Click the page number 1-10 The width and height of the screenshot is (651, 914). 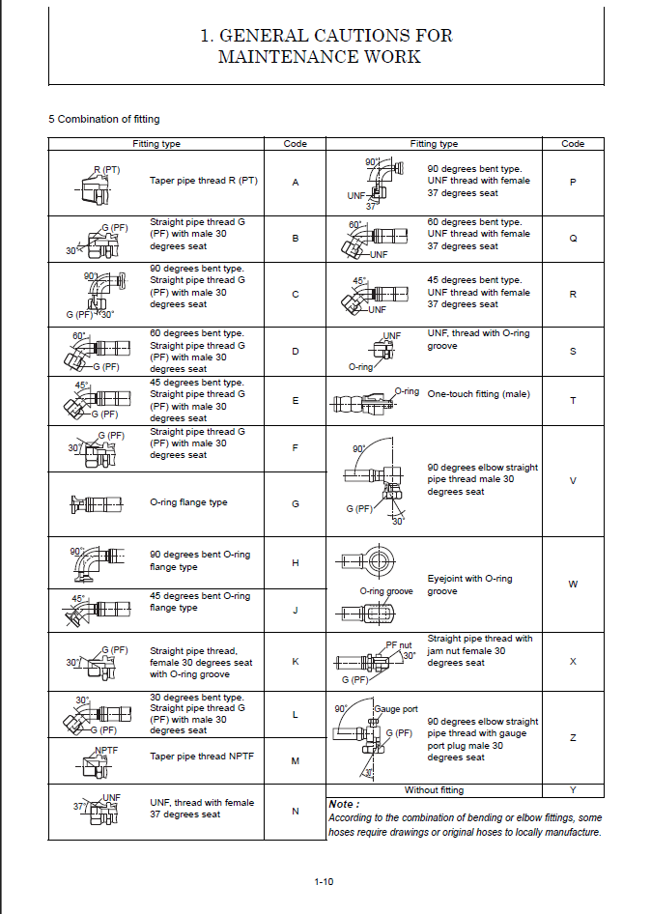(x=324, y=880)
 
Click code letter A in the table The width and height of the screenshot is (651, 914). (x=296, y=182)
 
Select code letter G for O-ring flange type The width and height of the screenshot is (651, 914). (x=296, y=503)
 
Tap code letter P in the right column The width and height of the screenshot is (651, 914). (x=573, y=182)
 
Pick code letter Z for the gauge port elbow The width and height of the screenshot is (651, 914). (x=573, y=738)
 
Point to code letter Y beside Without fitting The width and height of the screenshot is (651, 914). (x=573, y=790)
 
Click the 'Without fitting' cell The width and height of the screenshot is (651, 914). (x=434, y=790)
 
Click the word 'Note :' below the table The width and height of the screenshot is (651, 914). (x=343, y=804)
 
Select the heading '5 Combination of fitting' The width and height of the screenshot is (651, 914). (x=104, y=119)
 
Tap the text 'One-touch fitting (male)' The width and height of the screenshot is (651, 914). (x=479, y=394)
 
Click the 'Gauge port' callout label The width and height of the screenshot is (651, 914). (x=394, y=709)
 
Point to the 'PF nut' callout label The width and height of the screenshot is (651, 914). (x=399, y=644)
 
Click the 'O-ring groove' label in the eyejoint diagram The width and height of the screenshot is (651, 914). (x=386, y=591)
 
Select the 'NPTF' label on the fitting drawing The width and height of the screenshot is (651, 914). (x=106, y=750)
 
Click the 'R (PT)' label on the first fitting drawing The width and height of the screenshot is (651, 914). (x=106, y=170)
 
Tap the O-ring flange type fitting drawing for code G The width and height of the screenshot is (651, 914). (x=98, y=503)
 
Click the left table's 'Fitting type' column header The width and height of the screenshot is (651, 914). (x=156, y=144)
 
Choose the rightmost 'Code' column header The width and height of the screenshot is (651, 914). (x=573, y=144)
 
